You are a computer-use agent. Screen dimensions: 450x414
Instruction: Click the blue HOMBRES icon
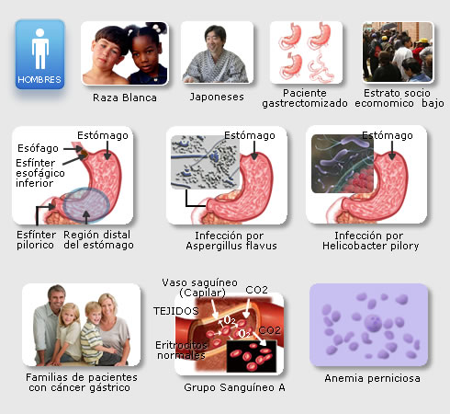pos(39,54)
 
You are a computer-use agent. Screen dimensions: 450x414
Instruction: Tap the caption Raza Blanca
pos(125,98)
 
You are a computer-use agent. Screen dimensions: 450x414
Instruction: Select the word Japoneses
pos(217,97)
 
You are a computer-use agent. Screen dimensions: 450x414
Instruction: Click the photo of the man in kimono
pos(217,52)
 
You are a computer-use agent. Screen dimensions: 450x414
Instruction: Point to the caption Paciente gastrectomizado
pos(305,98)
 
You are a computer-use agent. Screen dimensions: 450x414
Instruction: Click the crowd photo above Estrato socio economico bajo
pos(398,52)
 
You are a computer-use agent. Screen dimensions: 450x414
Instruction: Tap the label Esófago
pos(38,148)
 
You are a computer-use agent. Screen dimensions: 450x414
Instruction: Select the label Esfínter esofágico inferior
pos(40,173)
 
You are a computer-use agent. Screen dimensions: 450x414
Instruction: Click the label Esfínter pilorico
pos(36,240)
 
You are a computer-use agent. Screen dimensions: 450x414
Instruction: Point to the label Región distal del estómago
pos(98,240)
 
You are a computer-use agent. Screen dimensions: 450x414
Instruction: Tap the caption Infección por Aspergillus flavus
pos(231,241)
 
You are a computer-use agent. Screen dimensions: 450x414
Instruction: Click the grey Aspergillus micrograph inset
pos(205,162)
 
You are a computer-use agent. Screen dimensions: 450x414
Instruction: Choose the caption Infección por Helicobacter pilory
pos(370,241)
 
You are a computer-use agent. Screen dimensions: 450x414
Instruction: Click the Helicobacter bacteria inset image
pos(343,164)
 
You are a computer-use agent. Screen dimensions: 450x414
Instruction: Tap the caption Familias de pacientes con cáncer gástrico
pos(81,383)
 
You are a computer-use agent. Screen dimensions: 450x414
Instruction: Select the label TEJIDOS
pos(176,311)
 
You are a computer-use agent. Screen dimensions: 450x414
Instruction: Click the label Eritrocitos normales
pos(181,351)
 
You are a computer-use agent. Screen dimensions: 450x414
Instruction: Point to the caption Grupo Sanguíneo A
pos(234,387)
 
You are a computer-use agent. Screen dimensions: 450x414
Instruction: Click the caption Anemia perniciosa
pos(372,378)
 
